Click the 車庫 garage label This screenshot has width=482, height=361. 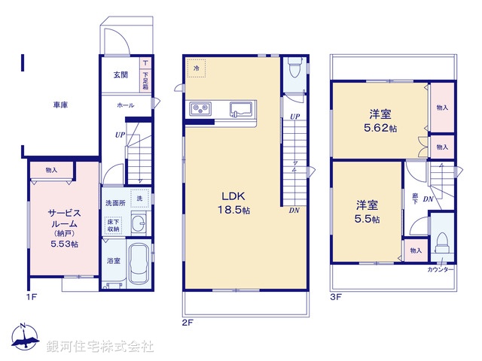(60, 105)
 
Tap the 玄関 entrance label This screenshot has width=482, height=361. (120, 75)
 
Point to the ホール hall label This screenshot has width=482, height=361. (125, 106)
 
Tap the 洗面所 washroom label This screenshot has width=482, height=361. (114, 203)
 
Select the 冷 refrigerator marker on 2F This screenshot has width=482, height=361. (197, 69)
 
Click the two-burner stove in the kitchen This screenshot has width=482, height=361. (203, 110)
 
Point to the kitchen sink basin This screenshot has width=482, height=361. (240, 108)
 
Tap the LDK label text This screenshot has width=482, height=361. (230, 194)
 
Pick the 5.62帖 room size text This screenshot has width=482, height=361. (380, 129)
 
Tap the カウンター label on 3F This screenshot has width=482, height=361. (440, 269)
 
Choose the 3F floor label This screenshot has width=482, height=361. (336, 296)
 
